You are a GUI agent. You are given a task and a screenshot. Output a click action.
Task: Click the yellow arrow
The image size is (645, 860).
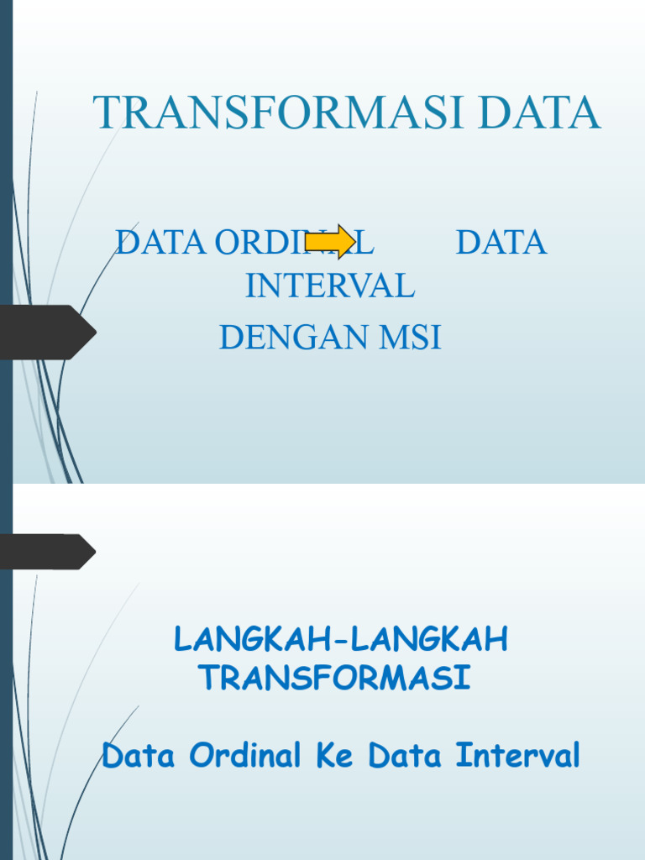[x=330, y=242]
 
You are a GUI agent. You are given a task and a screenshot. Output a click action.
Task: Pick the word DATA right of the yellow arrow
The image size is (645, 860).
[x=501, y=243]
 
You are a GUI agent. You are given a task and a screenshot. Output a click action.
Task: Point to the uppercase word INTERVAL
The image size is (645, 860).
[x=330, y=286]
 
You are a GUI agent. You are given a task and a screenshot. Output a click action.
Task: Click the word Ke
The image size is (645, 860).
[x=334, y=756]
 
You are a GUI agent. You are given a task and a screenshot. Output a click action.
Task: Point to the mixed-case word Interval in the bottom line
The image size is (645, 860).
[x=518, y=756]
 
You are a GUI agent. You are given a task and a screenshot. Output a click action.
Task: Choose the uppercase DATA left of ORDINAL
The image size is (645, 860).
[x=160, y=243]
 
